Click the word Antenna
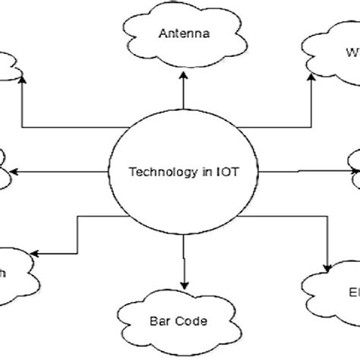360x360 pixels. point(183,33)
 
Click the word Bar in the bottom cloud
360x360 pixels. point(157,321)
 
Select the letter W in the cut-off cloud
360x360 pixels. point(351,53)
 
